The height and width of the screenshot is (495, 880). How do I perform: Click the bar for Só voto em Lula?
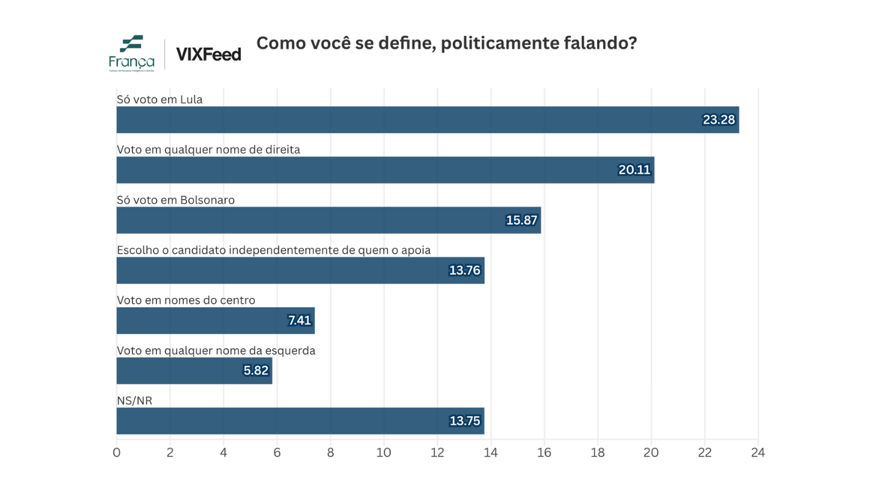(428, 120)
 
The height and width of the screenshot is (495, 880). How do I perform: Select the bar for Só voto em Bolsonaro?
(329, 220)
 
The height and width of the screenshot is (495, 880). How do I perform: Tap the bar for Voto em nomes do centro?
(215, 320)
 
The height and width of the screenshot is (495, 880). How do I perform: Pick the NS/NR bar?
(300, 420)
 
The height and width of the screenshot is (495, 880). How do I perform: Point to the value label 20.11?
(634, 170)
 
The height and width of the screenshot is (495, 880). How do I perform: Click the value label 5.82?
(255, 370)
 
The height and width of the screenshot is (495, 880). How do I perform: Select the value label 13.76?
(464, 270)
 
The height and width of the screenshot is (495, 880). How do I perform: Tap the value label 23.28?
(719, 120)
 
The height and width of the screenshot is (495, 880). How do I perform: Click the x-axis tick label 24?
(758, 453)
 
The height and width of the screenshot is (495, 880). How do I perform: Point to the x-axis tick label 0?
(117, 453)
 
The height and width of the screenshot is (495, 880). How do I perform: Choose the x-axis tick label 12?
(438, 453)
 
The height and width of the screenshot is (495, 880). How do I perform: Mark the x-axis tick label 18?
(598, 453)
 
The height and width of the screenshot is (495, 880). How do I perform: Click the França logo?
(131, 53)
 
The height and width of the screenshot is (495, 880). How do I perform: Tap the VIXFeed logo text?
(208, 54)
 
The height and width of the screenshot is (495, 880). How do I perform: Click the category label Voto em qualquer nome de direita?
(208, 150)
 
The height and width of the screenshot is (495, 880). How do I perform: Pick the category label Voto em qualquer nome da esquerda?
(216, 350)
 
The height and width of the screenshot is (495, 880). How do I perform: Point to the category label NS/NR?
(134, 400)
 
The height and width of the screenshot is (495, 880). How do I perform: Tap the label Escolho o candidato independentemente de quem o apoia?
(274, 250)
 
